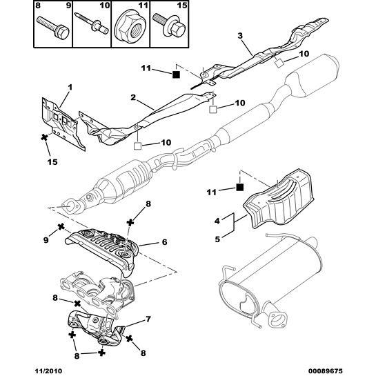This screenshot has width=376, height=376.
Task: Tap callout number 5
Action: [217, 239]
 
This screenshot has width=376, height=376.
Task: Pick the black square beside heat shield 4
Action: [239, 186]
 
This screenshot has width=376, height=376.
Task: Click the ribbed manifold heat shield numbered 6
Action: [103, 246]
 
